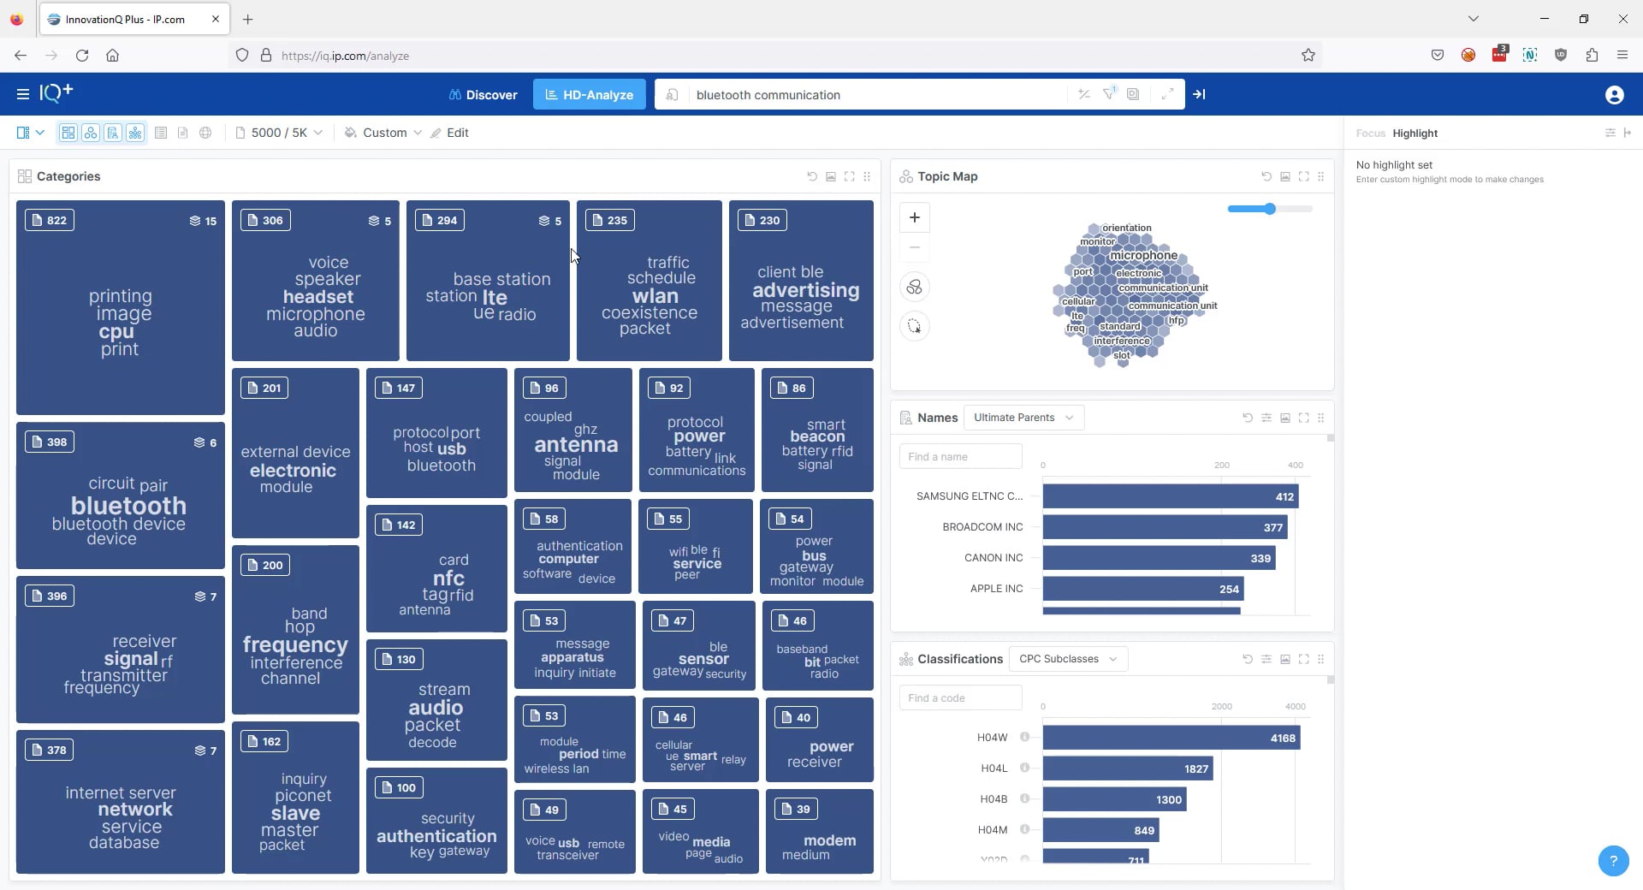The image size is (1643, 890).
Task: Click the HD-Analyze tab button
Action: coord(590,95)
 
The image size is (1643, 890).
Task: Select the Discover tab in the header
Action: coord(483,95)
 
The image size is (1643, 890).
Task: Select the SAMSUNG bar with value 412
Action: coord(1169,496)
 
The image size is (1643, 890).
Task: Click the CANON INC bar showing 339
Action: coord(1158,558)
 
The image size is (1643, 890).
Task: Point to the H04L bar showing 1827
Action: coord(1126,768)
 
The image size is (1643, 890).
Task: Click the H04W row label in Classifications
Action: coord(992,738)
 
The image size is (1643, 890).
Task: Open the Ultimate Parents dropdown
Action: coord(1023,418)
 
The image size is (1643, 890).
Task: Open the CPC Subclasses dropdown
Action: coord(1068,659)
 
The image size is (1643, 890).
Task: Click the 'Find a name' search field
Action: coord(960,457)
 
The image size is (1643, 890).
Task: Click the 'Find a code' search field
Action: coord(960,698)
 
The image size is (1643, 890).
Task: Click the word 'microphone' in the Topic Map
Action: coord(1143,255)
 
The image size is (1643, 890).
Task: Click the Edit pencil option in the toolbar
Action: coord(450,133)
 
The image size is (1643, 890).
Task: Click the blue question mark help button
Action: coord(1613,861)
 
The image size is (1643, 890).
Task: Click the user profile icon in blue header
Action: coord(1614,95)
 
